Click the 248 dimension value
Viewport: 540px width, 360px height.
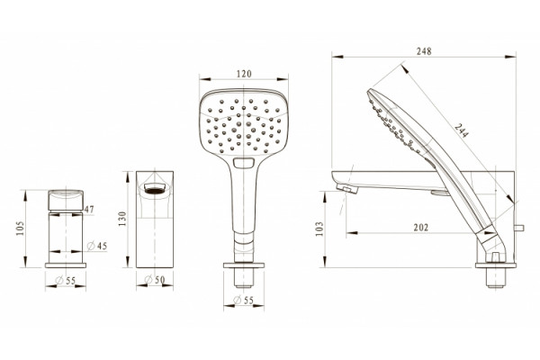point(424,51)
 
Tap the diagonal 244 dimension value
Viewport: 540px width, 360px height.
point(462,130)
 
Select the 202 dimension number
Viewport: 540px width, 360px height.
point(421,228)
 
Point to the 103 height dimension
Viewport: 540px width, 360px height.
point(319,229)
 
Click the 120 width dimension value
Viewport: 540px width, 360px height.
point(244,74)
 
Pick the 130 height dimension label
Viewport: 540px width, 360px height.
point(122,219)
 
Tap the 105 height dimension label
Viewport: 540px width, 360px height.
point(21,229)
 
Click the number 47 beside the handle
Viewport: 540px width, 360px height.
point(89,209)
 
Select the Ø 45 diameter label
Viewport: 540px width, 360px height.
point(97,246)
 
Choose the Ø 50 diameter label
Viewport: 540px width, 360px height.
point(155,280)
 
